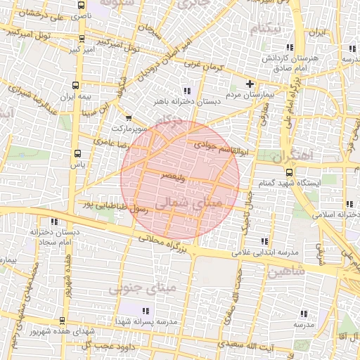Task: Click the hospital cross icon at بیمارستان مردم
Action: coord(249,84)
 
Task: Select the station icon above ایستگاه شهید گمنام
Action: coord(289,172)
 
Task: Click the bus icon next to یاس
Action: coord(76,153)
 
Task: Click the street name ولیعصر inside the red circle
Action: coord(172,178)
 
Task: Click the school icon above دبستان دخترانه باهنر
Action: coord(186,91)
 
